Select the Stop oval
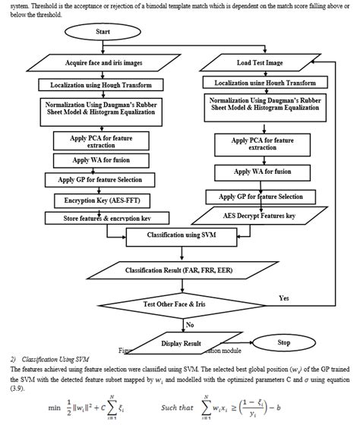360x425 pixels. click(284, 343)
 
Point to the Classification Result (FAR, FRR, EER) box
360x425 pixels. click(179, 269)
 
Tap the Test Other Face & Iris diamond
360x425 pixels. click(180, 304)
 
